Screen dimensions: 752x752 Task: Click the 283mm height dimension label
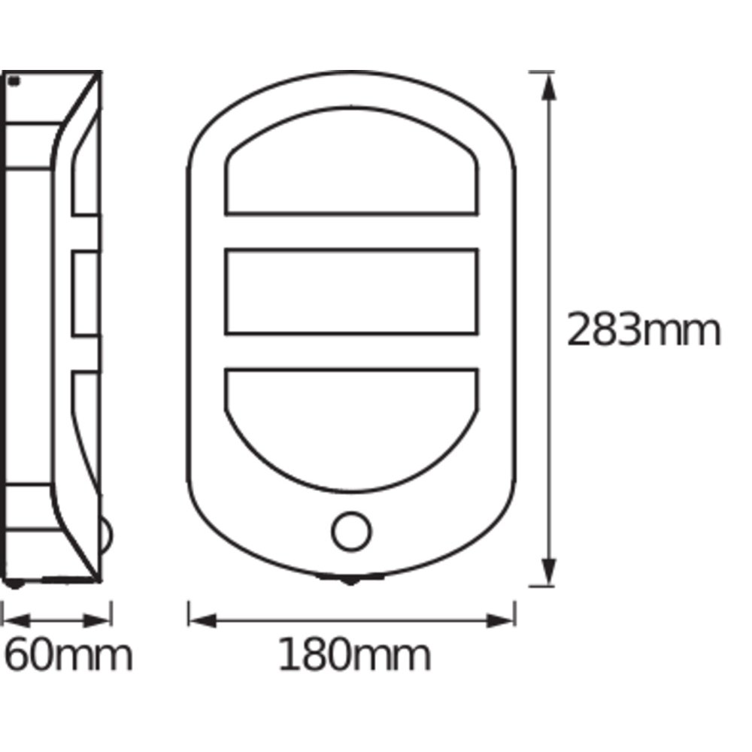644,329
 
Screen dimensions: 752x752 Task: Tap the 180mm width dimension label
354,655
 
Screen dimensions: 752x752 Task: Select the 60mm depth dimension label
68,655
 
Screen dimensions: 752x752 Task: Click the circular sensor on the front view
351,532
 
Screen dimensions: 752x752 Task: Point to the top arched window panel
351,111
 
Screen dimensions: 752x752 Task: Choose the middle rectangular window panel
351,250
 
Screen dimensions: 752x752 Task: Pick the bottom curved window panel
351,490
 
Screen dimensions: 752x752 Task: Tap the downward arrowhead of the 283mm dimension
549,572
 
